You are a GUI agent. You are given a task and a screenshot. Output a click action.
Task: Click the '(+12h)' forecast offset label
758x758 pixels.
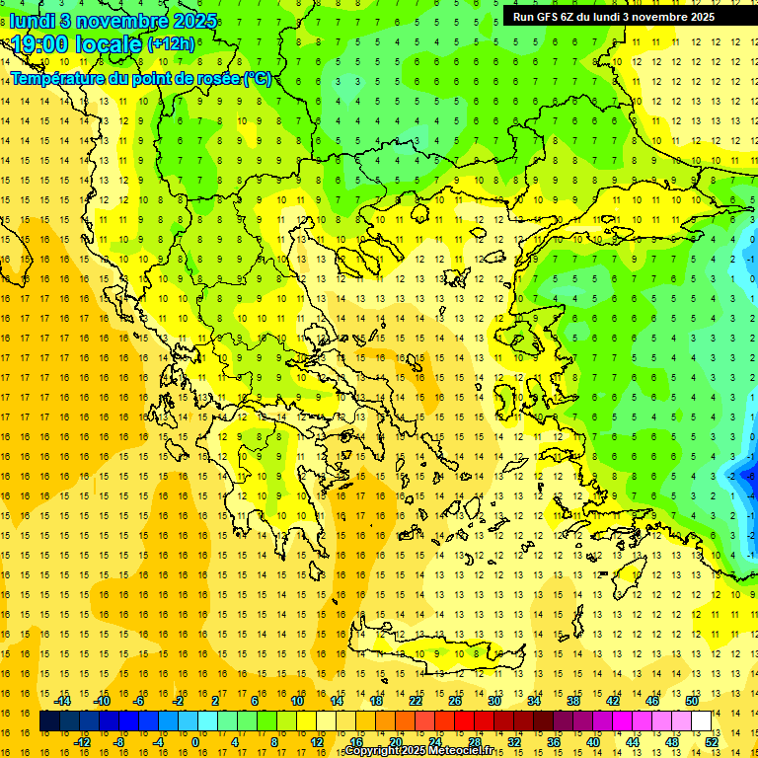tap(171, 43)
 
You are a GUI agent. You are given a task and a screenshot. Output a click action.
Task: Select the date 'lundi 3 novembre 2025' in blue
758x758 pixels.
tap(100, 20)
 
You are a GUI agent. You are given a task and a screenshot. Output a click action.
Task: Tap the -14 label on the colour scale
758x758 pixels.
tap(64, 701)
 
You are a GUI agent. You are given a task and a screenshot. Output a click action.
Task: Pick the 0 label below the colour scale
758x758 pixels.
tap(195, 742)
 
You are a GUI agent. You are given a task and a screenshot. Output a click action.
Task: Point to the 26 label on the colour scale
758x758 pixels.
tap(455, 701)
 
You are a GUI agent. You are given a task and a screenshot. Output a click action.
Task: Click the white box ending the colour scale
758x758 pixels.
tap(702, 721)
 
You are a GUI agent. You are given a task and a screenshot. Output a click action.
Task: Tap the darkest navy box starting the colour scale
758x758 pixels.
tap(49, 721)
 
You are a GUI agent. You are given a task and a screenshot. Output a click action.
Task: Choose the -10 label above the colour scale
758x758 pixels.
tap(102, 701)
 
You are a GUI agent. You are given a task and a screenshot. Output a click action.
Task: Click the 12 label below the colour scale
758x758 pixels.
tap(318, 742)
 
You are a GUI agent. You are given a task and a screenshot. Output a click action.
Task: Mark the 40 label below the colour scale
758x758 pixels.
tap(593, 742)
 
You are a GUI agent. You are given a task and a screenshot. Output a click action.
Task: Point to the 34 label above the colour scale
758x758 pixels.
tap(534, 701)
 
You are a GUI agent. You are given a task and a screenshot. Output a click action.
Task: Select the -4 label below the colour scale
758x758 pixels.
tap(158, 742)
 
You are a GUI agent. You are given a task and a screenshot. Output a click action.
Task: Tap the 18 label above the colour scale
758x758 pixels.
tap(376, 701)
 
